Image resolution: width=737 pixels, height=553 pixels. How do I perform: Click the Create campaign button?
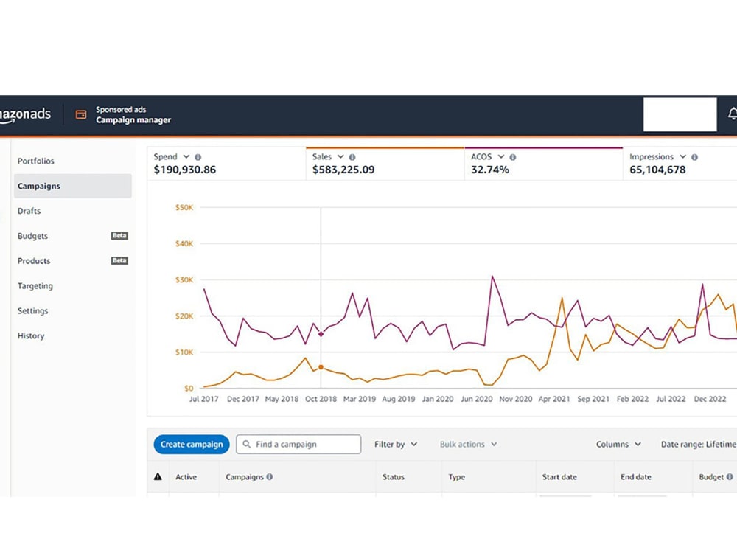click(192, 445)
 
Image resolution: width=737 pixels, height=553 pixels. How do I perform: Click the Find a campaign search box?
click(298, 445)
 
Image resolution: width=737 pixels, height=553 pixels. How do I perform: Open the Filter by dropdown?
click(395, 445)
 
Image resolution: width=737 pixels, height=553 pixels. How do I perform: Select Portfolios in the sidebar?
click(35, 161)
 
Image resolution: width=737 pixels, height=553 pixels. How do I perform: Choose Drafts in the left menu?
click(29, 211)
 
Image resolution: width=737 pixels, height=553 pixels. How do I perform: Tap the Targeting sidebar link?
click(35, 286)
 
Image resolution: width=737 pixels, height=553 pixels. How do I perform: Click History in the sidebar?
click(31, 335)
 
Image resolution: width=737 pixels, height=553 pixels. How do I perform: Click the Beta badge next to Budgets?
click(119, 236)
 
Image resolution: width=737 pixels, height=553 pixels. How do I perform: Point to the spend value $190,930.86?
click(185, 170)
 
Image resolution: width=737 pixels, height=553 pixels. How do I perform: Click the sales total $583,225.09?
click(343, 170)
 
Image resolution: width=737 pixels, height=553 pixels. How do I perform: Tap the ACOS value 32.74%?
click(490, 170)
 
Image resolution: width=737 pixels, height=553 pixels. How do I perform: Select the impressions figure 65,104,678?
click(657, 170)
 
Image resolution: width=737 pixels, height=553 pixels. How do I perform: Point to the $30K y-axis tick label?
click(184, 279)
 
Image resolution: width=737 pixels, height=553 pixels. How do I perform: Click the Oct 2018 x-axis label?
click(321, 399)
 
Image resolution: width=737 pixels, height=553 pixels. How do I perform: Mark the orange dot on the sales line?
click(321, 367)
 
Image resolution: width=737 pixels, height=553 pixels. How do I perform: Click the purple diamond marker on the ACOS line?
click(321, 334)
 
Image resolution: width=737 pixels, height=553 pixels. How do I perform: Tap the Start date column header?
click(559, 477)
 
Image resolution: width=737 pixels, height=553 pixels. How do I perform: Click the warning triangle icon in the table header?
click(158, 476)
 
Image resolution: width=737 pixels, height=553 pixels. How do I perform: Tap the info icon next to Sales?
click(352, 157)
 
